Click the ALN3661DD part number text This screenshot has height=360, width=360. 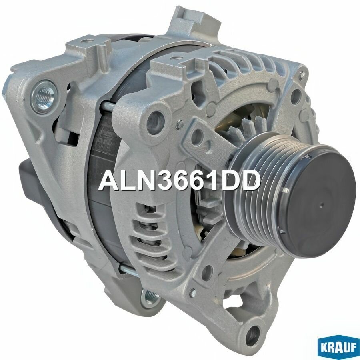point(180,181)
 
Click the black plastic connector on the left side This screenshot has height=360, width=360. point(28,180)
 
